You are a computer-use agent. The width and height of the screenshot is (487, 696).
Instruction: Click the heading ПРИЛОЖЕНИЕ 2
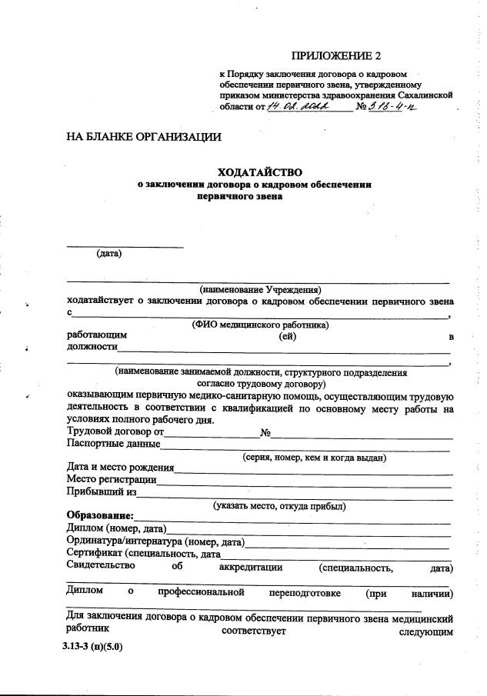click(335, 56)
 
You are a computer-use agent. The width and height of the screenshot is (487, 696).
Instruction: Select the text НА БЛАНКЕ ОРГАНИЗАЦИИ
click(144, 138)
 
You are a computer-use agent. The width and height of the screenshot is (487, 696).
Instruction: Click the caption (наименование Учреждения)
click(260, 289)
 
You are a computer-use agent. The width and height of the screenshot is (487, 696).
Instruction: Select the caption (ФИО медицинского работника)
click(260, 325)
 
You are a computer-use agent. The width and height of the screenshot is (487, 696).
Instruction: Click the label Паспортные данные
click(113, 444)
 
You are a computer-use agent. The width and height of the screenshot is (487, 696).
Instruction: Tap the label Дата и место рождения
click(120, 468)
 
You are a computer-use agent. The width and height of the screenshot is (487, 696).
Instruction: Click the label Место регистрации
click(112, 480)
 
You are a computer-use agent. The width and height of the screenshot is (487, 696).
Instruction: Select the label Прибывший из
click(102, 492)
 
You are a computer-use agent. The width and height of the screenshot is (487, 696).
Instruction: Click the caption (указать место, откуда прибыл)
click(279, 506)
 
